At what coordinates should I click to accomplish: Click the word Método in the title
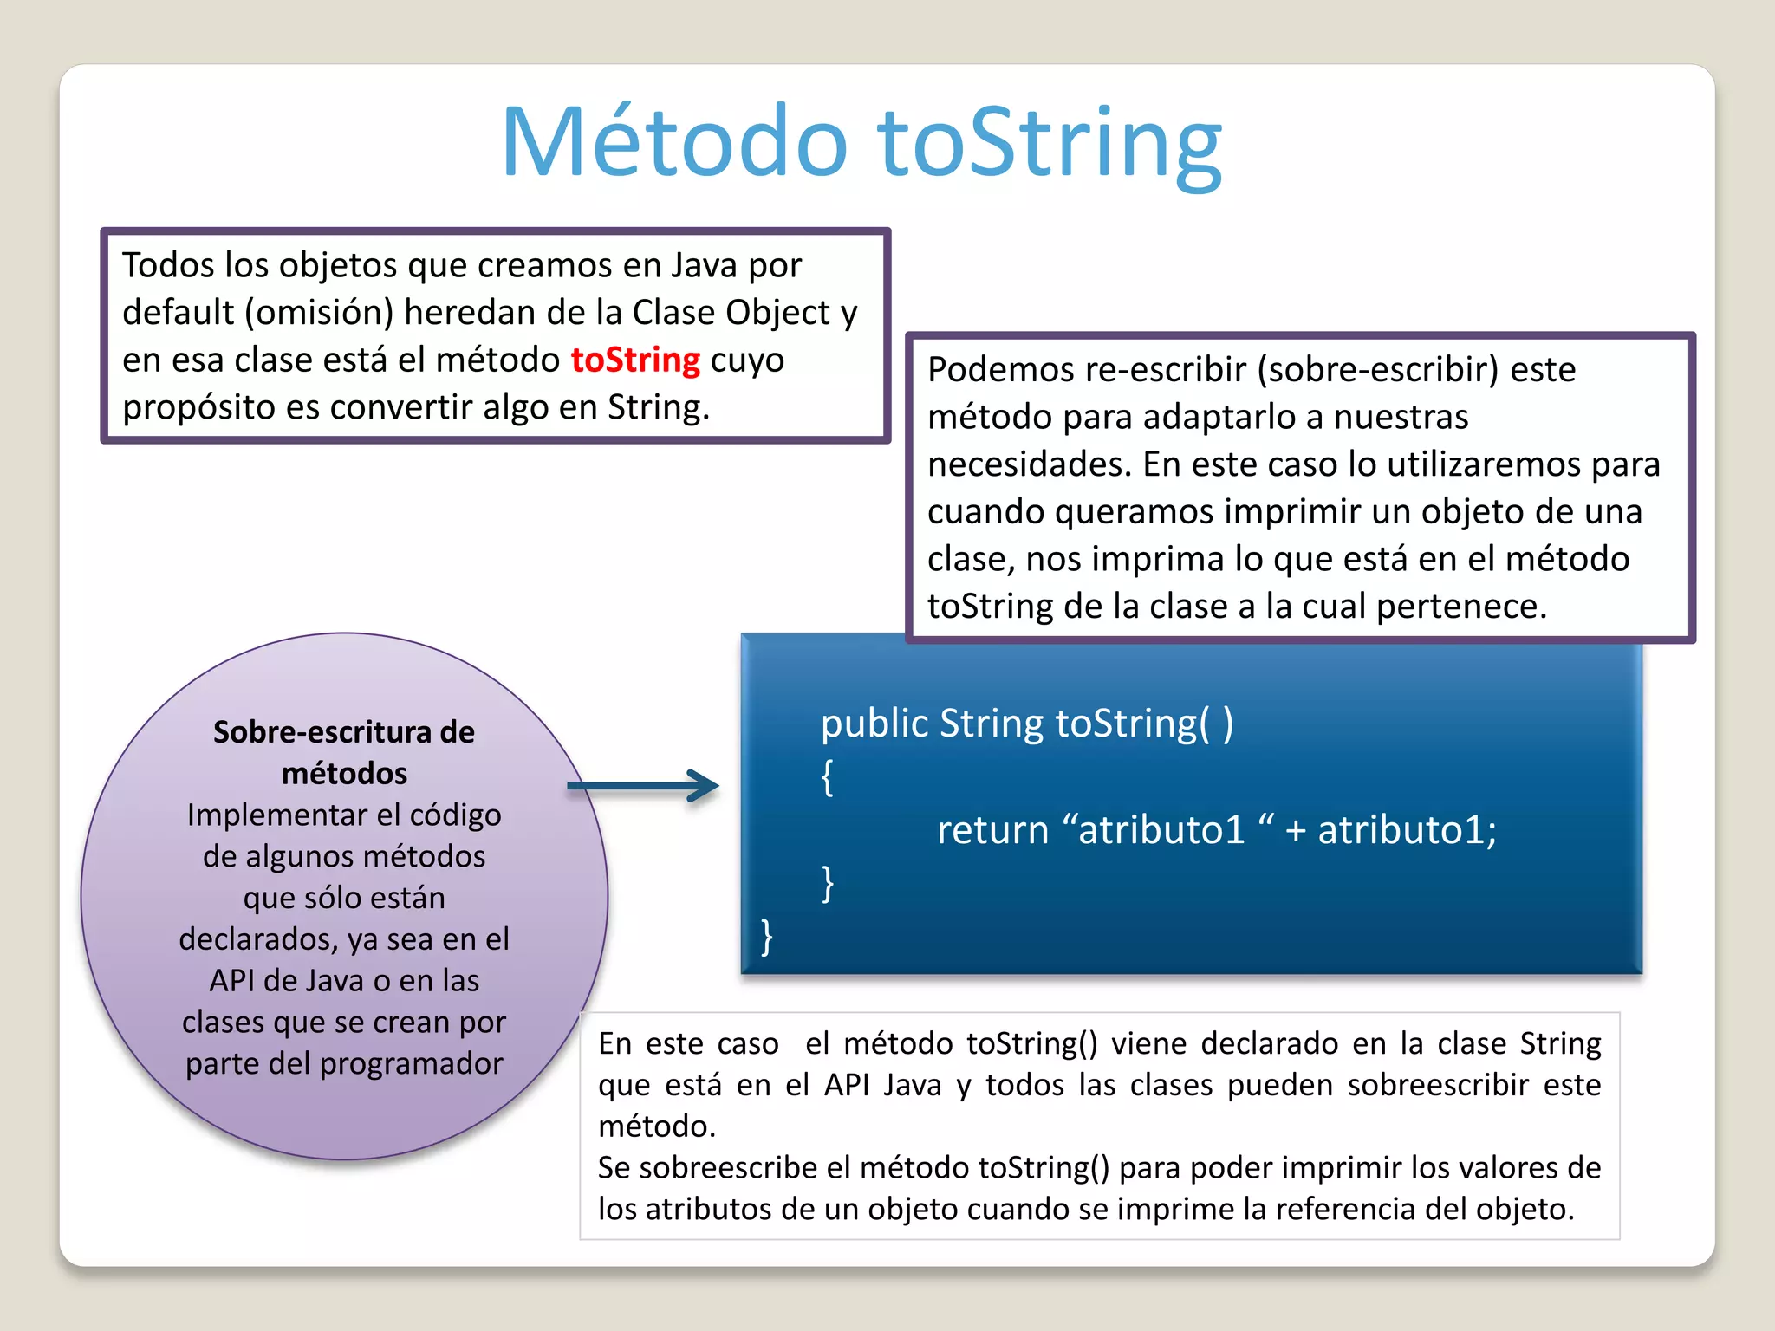pos(674,143)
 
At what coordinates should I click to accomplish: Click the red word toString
pos(635,360)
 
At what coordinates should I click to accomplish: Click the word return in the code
pos(992,830)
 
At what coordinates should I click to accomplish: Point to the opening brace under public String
pos(827,776)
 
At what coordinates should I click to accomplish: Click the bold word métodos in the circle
pos(344,773)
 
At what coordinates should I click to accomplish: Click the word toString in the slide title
pos(1050,143)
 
